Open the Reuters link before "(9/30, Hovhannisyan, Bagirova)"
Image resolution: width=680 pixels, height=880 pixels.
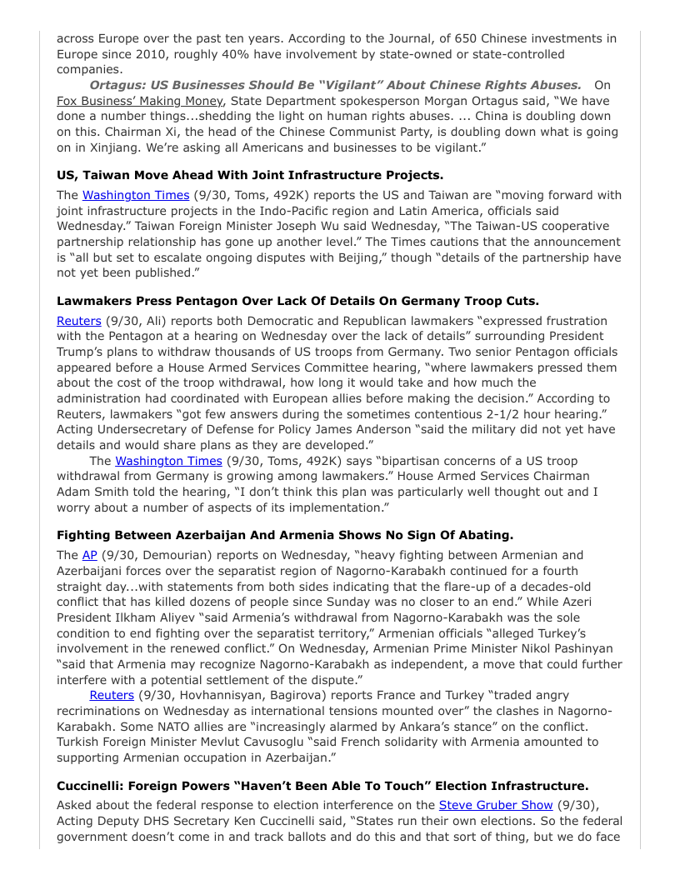pos(112,695)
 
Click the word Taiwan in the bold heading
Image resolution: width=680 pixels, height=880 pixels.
pos(105,175)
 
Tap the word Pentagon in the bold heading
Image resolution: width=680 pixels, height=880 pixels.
pos(203,301)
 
